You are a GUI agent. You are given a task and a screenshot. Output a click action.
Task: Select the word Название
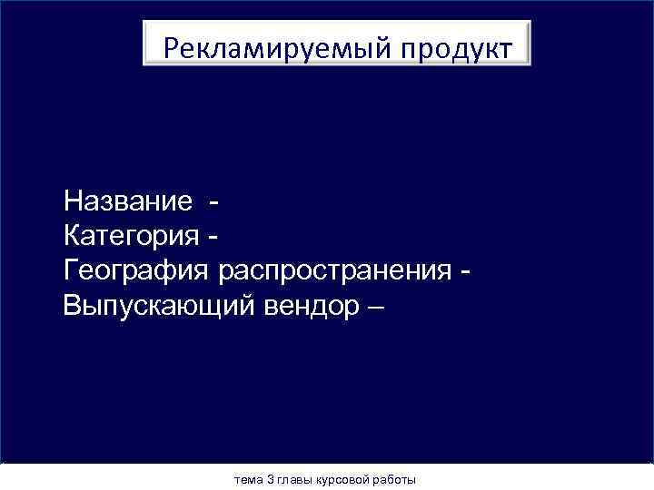(x=128, y=201)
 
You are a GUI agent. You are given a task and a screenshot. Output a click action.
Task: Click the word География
(x=137, y=271)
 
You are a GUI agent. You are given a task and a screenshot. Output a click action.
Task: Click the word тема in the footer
(x=248, y=478)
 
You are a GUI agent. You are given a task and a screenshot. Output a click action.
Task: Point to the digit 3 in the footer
(x=270, y=478)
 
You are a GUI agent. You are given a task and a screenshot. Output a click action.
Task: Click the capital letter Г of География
(x=72, y=270)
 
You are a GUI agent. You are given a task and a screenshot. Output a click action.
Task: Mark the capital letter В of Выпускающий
(x=74, y=305)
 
